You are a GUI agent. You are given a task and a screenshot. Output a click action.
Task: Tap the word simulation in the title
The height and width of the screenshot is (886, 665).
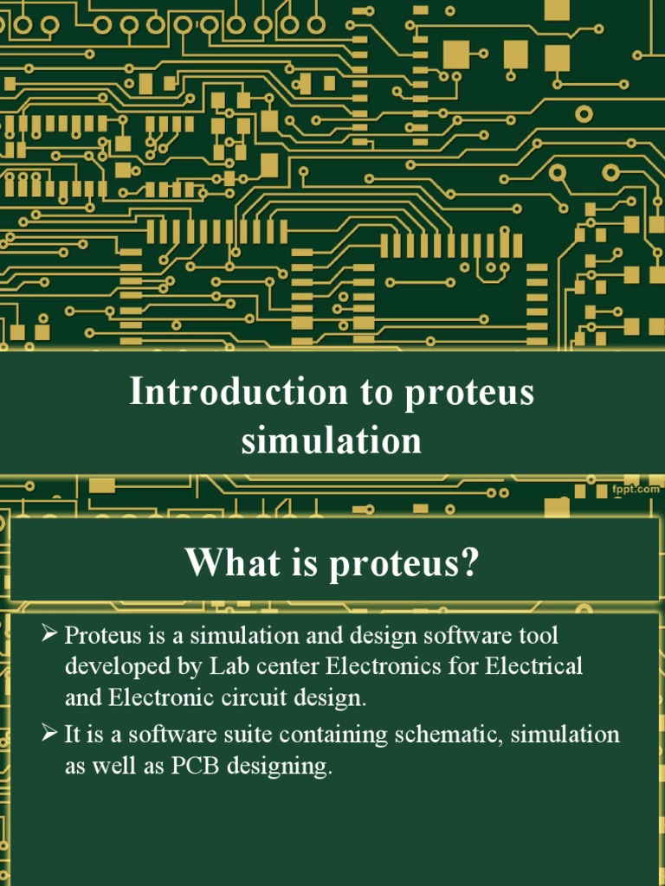click(x=332, y=440)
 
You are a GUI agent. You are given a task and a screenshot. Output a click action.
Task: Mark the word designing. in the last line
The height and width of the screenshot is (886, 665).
click(x=292, y=767)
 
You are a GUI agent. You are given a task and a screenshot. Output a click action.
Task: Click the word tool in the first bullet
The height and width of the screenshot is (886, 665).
click(x=539, y=636)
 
